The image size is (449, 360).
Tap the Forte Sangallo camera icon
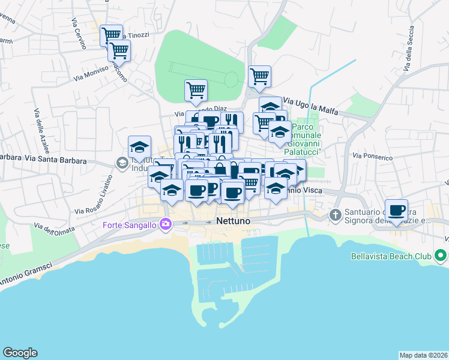[x=166, y=225]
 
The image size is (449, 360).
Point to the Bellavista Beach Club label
[x=391, y=256]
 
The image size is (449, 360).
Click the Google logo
[x=20, y=353]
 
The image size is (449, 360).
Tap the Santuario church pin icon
[x=335, y=214]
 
